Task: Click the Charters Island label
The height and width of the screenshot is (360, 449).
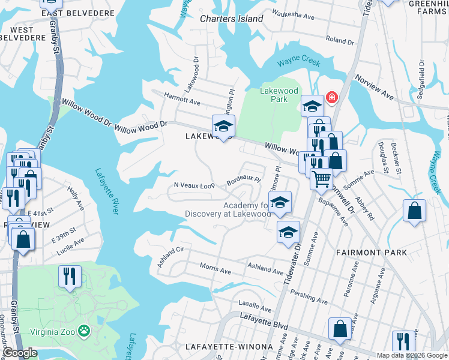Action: click(x=231, y=19)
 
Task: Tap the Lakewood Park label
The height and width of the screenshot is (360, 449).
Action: click(x=279, y=95)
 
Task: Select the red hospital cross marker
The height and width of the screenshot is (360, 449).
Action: click(x=330, y=97)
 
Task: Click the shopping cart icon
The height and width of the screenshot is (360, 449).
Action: click(x=321, y=178)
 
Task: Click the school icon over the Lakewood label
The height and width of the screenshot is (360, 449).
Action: click(x=223, y=126)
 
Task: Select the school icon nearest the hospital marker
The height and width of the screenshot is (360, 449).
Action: click(x=312, y=106)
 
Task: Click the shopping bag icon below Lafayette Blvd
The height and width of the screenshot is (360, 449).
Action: click(x=340, y=329)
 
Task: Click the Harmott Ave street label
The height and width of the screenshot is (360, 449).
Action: click(x=182, y=102)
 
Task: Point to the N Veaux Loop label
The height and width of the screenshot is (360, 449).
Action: click(x=194, y=185)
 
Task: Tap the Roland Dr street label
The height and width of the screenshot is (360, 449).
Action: click(x=340, y=41)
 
